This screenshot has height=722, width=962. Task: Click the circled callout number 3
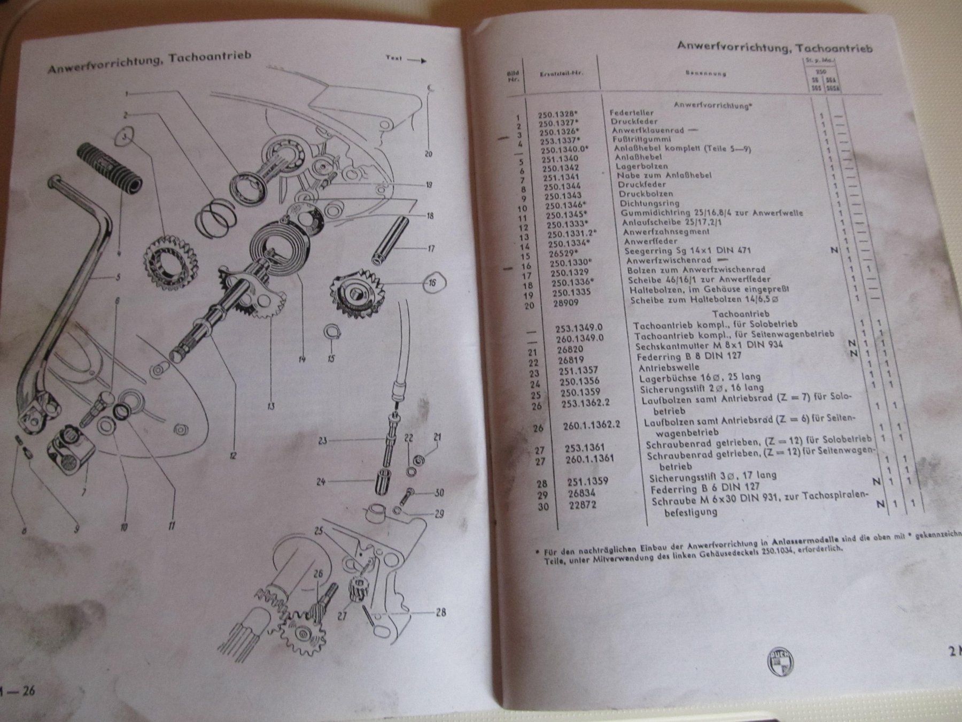pyautogui.click(x=125, y=137)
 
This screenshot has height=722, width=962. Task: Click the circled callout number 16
pyautogui.click(x=432, y=283)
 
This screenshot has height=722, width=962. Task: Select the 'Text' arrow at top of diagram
pyautogui.click(x=406, y=60)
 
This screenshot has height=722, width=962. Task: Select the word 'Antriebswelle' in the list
pyautogui.click(x=669, y=368)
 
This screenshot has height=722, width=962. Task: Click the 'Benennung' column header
pyautogui.click(x=705, y=73)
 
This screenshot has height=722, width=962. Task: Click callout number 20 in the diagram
pyautogui.click(x=427, y=154)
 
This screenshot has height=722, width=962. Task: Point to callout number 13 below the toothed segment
pyautogui.click(x=270, y=406)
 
